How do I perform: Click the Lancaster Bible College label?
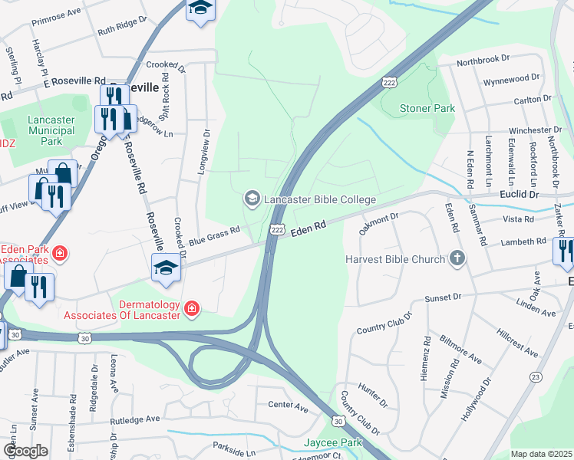tap(319, 200)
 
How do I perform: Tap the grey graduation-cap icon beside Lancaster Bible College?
tap(252, 199)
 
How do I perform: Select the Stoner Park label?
tap(427, 108)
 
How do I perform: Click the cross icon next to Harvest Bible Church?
tap(457, 258)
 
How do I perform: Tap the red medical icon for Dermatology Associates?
tap(192, 309)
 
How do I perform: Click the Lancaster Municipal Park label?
tap(51, 131)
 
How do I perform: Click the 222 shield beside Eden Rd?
tap(277, 229)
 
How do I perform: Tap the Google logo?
tap(25, 450)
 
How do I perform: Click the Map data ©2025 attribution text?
tap(541, 454)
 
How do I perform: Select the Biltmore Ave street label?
tap(460, 350)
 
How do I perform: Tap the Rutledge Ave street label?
tap(134, 420)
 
